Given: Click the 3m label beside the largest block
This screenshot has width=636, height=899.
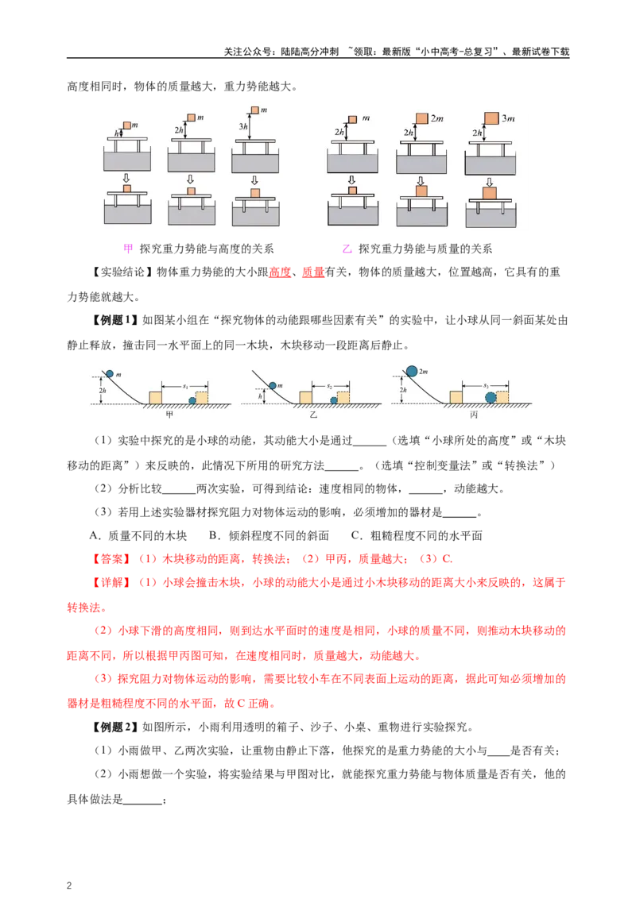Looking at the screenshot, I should pos(509,118).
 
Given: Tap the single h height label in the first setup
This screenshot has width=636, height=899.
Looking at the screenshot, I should pos(118,133).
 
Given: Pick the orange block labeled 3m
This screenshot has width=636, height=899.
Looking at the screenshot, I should pos(491,118).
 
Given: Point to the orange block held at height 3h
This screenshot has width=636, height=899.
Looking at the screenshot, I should pos(254,110).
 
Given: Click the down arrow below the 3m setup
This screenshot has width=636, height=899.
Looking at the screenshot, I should pos(490,181).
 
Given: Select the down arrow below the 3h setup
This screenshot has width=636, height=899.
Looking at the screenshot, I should pos(254,179).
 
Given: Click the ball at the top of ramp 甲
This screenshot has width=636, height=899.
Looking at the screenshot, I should pos(110,374).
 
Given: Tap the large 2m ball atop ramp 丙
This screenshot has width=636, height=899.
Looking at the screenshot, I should pos(412,371).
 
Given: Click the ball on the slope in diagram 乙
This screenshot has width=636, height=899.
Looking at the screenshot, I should pos(273,386).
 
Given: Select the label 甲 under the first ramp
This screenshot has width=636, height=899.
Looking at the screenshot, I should pos(169,415).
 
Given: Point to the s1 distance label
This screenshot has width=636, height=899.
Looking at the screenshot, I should pos(184,385).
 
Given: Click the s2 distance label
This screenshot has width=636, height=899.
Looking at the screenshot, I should pos(329,385).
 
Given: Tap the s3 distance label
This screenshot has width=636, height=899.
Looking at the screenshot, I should pos(486,385).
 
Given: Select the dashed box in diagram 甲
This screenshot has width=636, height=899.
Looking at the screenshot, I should pos(202,397).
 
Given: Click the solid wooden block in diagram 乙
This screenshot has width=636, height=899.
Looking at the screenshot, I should pos(306,397).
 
